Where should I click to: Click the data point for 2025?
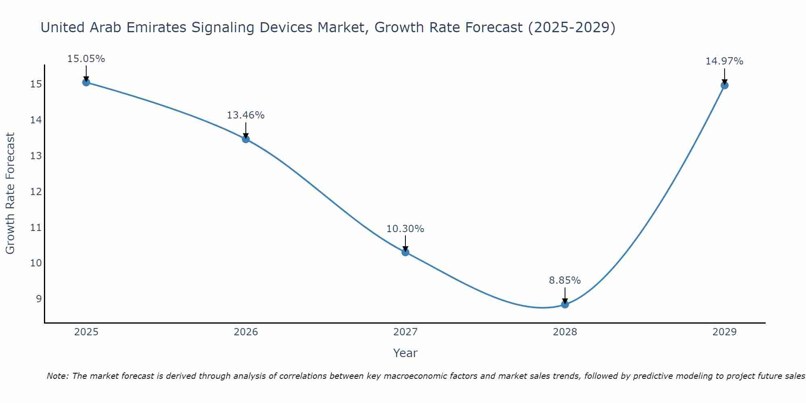pos(86,82)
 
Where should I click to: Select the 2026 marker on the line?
pos(246,139)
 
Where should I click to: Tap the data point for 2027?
pos(405,252)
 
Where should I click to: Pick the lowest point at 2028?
pos(565,304)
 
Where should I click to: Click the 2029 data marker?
pos(724,85)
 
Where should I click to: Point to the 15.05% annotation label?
pos(86,59)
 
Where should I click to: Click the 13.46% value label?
pos(246,115)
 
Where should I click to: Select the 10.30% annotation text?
pos(405,229)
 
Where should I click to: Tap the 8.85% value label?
pos(565,280)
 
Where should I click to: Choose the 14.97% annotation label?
pos(724,61)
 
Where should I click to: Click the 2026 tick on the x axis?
pos(246,332)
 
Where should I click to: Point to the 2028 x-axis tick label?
pos(565,332)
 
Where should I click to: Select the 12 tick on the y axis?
pos(36,191)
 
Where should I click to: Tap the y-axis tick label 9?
pos(39,299)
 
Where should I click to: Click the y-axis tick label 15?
pos(36,84)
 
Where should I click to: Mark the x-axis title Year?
pos(405,353)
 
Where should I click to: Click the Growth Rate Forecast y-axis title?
pos(10,193)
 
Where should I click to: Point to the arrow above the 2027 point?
pos(405,243)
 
